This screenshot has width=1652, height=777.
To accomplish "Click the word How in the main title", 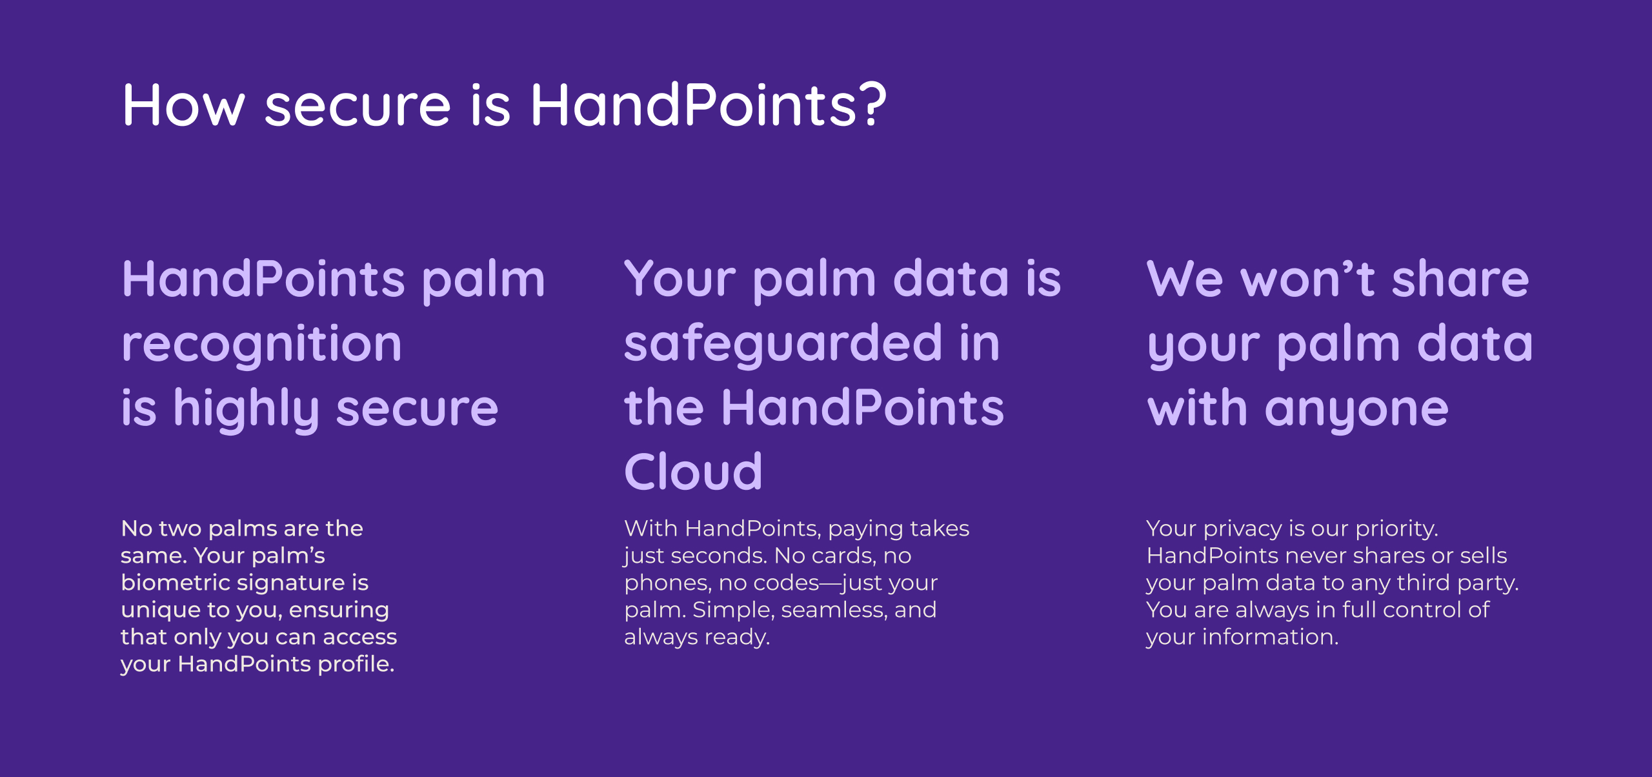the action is [184, 105].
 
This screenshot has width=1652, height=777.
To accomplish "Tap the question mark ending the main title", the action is [872, 103].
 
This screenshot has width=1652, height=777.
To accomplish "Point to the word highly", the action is [246, 409].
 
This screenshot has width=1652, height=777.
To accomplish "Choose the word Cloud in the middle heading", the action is [693, 472].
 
